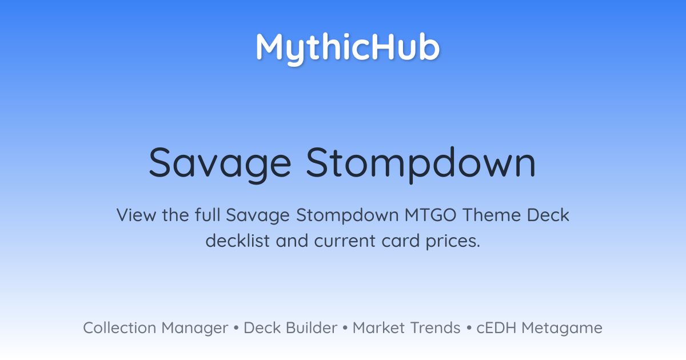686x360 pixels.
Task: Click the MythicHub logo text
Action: coord(348,49)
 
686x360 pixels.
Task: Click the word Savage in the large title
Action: coord(220,165)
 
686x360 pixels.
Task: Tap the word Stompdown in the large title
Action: coord(421,165)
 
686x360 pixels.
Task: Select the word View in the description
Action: coord(136,215)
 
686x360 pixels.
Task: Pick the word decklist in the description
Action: coord(238,241)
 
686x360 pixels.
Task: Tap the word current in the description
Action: coord(345,241)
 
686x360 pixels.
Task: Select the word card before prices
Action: coord(401,241)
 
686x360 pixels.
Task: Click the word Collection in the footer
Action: coord(119,328)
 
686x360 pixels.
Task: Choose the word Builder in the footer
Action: coord(312,328)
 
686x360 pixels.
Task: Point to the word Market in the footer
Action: coord(379,328)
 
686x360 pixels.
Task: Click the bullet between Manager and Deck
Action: coord(236,328)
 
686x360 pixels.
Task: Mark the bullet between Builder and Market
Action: coord(345,328)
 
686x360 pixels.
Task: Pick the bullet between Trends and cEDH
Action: coord(469,328)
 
